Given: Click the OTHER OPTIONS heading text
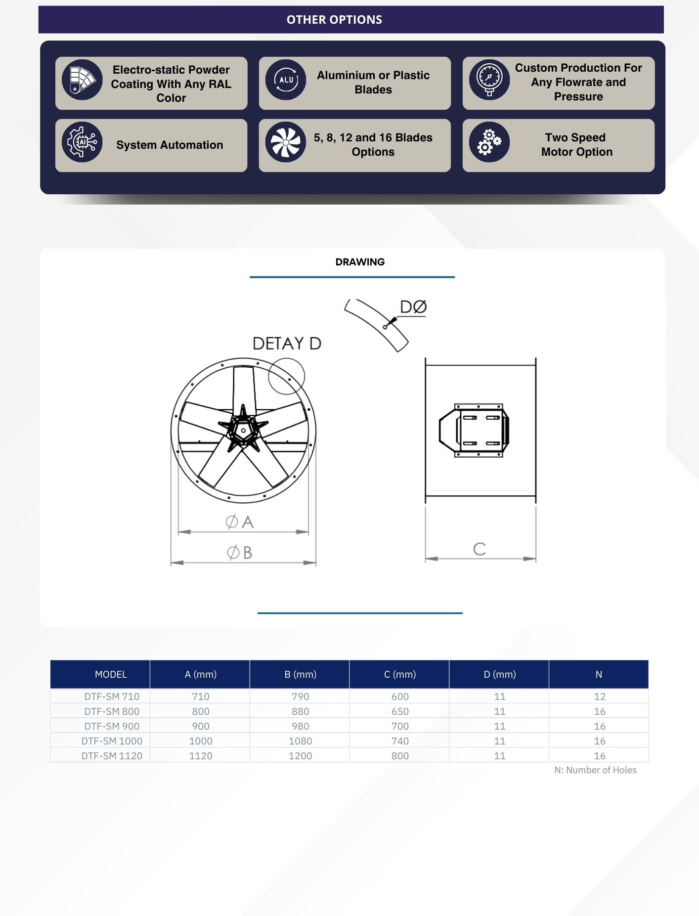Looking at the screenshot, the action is (x=334, y=20).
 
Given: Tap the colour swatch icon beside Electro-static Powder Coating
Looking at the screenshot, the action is (x=82, y=80).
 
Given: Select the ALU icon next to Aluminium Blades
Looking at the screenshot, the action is (x=286, y=80).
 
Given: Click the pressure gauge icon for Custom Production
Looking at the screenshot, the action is (x=489, y=80).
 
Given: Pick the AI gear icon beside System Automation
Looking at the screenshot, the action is (x=82, y=142).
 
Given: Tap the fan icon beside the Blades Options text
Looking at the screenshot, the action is (x=286, y=142).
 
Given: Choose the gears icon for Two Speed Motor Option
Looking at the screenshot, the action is (x=489, y=142).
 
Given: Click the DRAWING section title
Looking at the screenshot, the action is (x=360, y=262).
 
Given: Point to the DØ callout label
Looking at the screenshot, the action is (x=413, y=307).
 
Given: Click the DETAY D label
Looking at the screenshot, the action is (x=287, y=343).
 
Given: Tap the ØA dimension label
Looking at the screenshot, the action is (x=239, y=522).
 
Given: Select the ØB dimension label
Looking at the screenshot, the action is (x=239, y=552).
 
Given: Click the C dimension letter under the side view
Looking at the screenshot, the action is (x=480, y=549).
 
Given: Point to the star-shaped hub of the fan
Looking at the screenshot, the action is (x=243, y=429).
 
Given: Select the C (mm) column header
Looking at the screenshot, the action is (x=400, y=674).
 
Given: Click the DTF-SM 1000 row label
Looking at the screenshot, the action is (x=112, y=741).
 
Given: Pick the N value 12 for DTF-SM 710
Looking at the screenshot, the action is (x=600, y=697).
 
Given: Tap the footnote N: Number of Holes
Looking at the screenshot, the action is (x=596, y=770).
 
